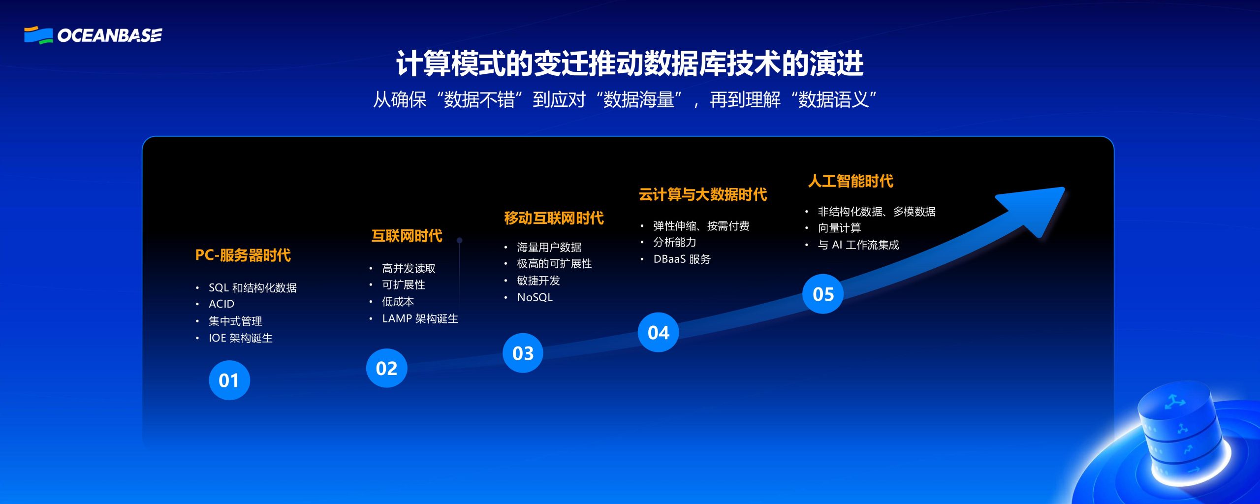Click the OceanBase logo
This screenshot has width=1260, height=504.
click(93, 35)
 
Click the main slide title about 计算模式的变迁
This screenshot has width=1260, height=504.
click(630, 64)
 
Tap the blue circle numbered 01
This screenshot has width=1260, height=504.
click(229, 380)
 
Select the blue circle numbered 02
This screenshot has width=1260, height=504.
click(386, 368)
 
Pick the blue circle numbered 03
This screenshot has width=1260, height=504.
click(523, 353)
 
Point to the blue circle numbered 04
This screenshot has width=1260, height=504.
click(659, 332)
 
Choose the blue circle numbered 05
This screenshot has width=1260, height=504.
click(823, 294)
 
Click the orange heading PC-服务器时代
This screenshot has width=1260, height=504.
click(243, 255)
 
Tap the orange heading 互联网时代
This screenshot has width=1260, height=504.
click(407, 236)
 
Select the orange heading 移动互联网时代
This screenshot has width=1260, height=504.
click(554, 218)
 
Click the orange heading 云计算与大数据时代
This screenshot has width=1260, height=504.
click(702, 194)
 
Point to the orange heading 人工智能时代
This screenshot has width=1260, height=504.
click(850, 181)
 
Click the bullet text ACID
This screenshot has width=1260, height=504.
click(221, 304)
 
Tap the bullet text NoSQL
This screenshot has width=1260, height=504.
click(535, 297)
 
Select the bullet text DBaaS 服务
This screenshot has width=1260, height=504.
click(682, 259)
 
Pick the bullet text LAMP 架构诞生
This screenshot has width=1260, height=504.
click(420, 318)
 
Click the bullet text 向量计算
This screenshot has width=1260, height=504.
click(840, 228)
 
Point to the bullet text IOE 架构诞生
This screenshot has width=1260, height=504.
click(241, 338)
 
